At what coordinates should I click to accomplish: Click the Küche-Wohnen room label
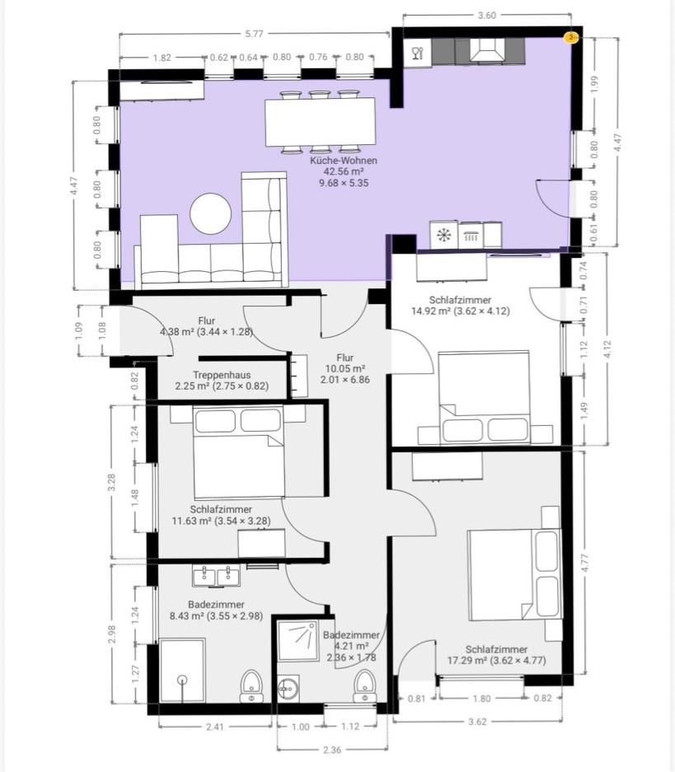tap(344, 161)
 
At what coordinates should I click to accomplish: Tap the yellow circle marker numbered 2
tap(570, 37)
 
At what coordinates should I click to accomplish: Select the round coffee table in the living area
tap(211, 213)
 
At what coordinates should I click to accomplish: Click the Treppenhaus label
tap(222, 375)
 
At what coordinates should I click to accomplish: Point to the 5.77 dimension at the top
tap(254, 34)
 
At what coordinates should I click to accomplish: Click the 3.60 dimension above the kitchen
tap(486, 16)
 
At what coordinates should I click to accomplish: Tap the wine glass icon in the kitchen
tap(418, 52)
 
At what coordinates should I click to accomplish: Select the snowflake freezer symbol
tap(443, 236)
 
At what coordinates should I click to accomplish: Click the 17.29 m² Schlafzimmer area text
tap(496, 661)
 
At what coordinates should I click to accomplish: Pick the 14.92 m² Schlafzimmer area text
tap(461, 311)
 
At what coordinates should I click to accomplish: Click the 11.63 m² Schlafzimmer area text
tap(221, 521)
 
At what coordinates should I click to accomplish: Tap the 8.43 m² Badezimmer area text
tap(216, 616)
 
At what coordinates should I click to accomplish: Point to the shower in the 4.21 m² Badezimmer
tap(297, 640)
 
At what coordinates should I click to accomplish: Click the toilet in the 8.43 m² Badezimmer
tap(251, 685)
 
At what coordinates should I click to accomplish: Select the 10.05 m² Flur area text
tap(345, 369)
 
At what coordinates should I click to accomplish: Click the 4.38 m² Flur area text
tap(206, 332)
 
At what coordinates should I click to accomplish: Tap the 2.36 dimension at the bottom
tap(332, 750)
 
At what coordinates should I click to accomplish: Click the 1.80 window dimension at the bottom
tap(481, 699)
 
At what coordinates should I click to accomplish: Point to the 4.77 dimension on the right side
tap(585, 562)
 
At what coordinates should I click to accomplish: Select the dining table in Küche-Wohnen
tap(320, 122)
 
